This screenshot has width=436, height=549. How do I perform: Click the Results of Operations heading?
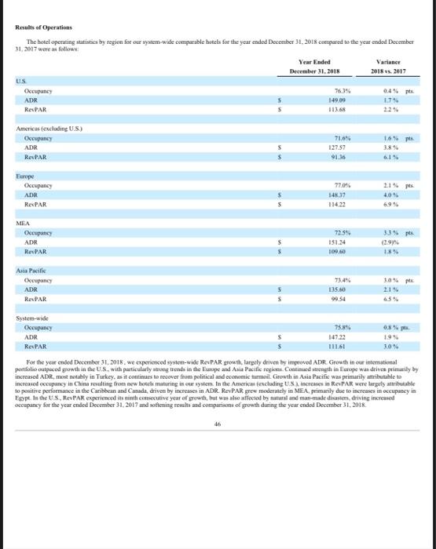click(39, 26)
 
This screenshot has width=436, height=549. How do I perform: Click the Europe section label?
click(24, 177)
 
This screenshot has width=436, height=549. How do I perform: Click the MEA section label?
click(23, 224)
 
